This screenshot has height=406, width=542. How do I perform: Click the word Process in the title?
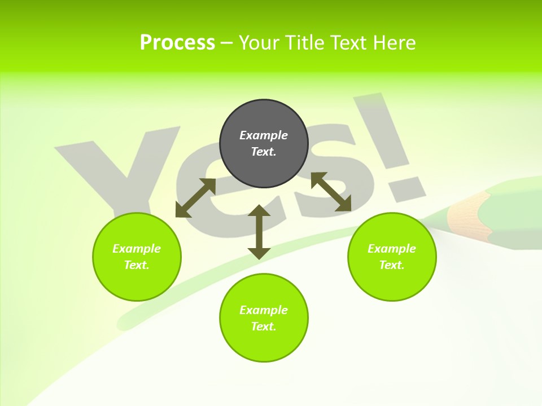click(x=177, y=43)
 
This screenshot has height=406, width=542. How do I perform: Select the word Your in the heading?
click(x=259, y=43)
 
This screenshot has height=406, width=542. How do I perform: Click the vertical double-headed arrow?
click(x=259, y=232)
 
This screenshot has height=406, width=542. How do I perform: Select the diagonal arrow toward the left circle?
click(x=195, y=198)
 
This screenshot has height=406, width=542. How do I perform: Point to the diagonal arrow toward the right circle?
click(x=331, y=192)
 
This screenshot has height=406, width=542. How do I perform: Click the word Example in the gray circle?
click(x=264, y=135)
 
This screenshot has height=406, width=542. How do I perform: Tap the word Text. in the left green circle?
click(x=137, y=265)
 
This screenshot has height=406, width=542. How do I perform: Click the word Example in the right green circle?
click(x=392, y=249)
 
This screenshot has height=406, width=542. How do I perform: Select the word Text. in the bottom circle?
click(x=264, y=326)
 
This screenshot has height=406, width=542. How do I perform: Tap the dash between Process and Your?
click(x=226, y=43)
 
